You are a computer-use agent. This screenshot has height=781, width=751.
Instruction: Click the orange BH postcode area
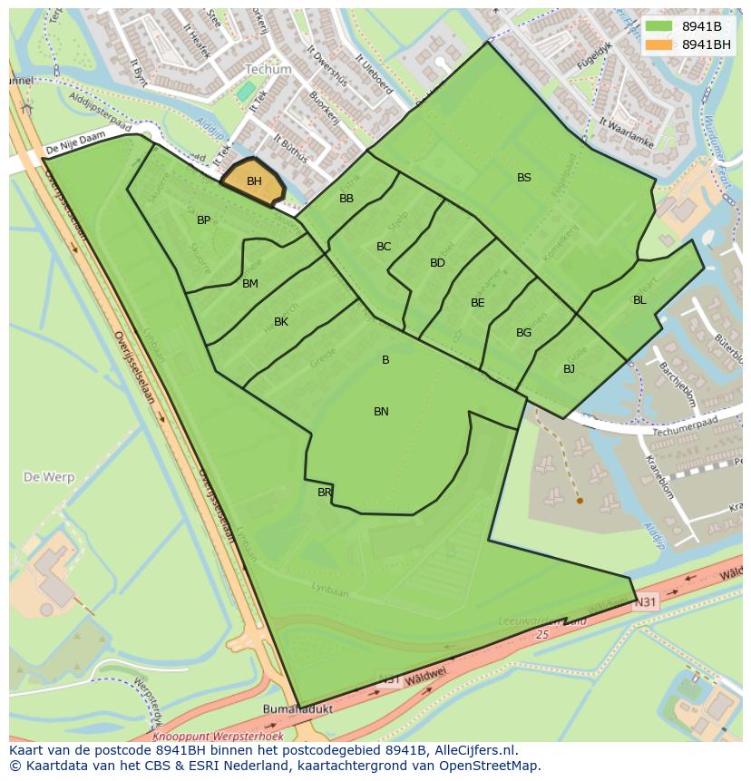click(253, 181)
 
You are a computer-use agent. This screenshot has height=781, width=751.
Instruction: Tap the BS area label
click(524, 178)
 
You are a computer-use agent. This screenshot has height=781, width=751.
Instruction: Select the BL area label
click(639, 300)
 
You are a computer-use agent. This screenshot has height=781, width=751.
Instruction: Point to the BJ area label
click(569, 369)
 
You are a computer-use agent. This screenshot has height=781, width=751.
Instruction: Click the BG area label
click(523, 333)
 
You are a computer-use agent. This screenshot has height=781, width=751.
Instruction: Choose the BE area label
click(477, 303)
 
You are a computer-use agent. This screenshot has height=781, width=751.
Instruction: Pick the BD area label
click(437, 263)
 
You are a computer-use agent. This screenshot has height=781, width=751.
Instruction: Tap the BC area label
click(384, 247)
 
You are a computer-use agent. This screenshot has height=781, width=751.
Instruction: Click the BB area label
click(346, 199)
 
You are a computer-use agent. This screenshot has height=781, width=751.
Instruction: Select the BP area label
click(203, 220)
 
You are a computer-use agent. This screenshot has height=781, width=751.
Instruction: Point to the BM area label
click(250, 284)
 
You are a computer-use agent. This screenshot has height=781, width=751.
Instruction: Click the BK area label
click(281, 322)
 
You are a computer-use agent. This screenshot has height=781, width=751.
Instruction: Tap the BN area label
click(381, 412)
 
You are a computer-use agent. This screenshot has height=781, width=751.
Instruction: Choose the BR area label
click(325, 493)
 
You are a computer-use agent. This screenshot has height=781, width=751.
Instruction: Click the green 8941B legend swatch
click(659, 26)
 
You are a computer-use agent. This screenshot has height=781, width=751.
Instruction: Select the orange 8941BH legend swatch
click(659, 44)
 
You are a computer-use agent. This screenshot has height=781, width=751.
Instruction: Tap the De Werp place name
click(49, 477)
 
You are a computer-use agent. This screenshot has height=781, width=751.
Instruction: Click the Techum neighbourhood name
click(268, 69)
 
